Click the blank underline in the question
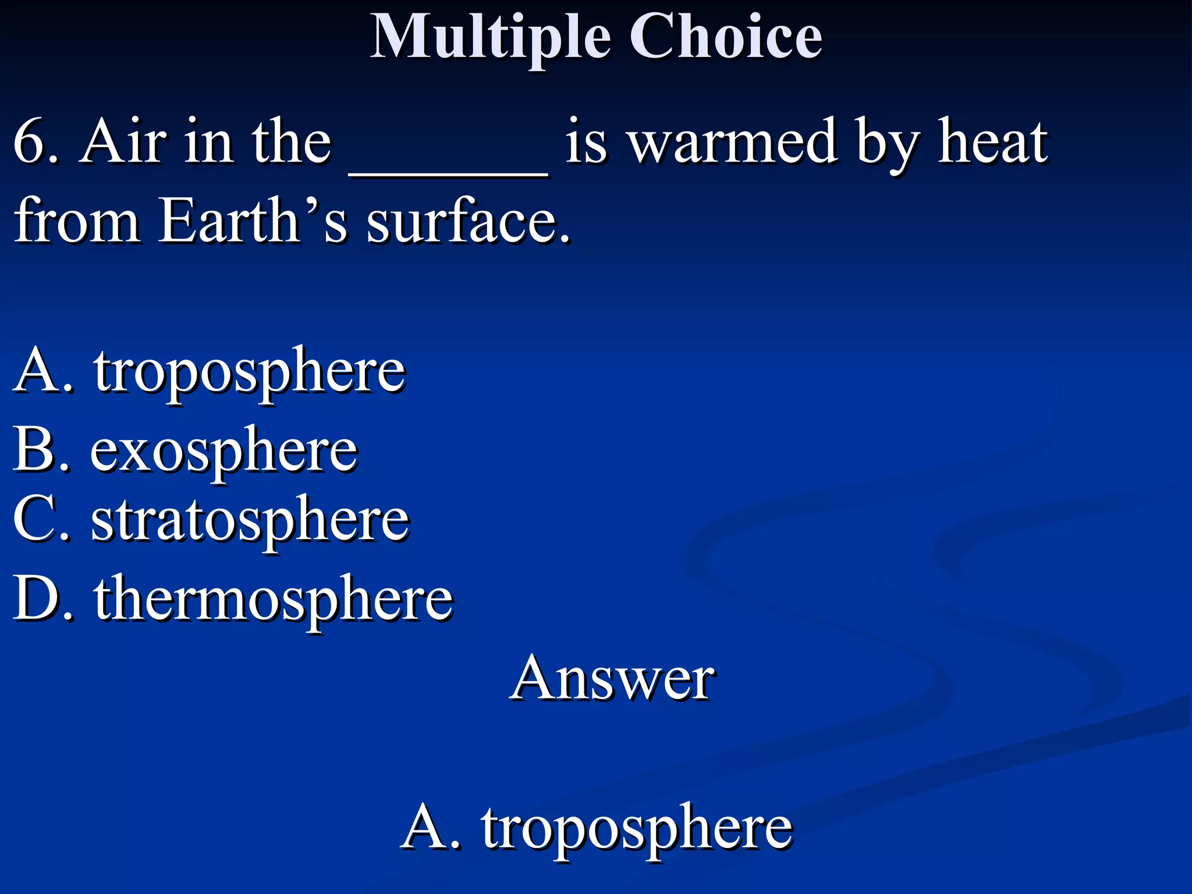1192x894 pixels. [x=448, y=172]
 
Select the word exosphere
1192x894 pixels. [x=224, y=452]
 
